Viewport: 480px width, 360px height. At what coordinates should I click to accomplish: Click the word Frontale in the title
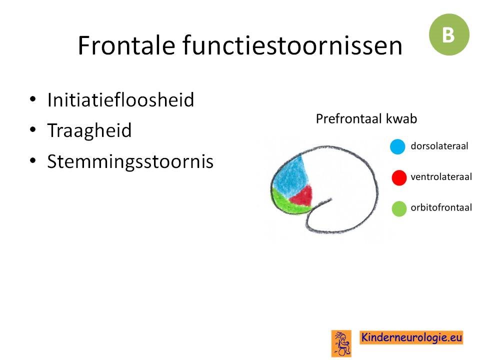pos(126,45)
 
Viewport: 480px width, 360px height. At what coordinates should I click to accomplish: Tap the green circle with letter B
pos(449,34)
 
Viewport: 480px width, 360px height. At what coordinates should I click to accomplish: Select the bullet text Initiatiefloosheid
pos(120,99)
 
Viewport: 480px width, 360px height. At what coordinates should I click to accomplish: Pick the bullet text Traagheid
pos(89,131)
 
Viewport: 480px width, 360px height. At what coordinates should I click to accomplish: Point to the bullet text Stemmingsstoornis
pos(130,161)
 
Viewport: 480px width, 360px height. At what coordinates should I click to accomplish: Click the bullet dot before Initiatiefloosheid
pos(33,99)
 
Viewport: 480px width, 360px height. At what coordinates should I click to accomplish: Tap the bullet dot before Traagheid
pos(33,129)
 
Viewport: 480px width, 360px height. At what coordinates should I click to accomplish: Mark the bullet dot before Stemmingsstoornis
pos(33,160)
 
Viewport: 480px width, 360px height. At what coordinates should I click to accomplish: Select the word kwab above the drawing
pos(401,118)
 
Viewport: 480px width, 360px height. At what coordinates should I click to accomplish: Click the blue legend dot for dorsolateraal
pos(397,146)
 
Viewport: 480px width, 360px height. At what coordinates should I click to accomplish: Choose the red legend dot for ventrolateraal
pos(399,177)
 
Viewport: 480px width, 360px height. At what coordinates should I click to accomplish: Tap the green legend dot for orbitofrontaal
pos(399,209)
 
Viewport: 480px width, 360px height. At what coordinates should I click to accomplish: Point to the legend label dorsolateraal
pos(439,146)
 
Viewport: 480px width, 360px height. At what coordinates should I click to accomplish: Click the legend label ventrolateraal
pos(441,177)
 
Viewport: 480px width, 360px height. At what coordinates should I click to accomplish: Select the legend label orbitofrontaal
pos(441,208)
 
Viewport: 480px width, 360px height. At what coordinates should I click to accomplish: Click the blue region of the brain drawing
pos(289,177)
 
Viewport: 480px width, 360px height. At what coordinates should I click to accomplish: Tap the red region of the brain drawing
pos(301,196)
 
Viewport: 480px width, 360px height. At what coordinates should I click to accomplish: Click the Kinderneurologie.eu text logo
pos(411,337)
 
